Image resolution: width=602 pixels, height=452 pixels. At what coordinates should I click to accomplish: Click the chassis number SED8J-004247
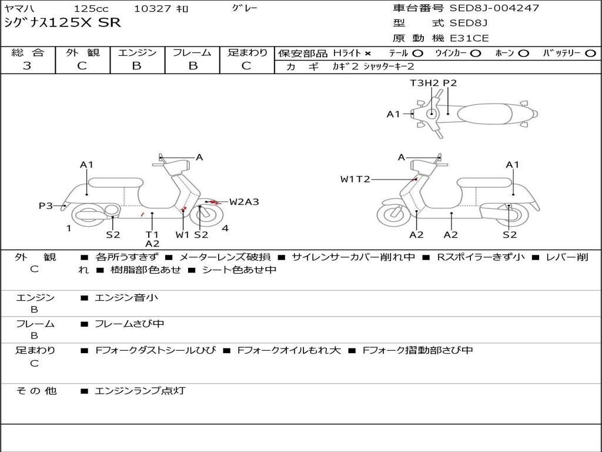[494, 8]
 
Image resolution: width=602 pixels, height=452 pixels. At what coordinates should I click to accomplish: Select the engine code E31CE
[469, 38]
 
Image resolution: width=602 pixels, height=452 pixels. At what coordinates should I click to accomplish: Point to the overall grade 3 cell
[28, 66]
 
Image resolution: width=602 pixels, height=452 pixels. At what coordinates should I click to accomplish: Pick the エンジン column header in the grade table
[137, 52]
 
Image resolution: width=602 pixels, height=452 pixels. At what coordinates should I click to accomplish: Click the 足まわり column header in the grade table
[247, 52]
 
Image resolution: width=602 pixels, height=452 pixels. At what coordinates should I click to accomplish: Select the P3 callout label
[46, 205]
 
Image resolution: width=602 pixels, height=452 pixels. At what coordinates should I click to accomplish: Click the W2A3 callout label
[244, 202]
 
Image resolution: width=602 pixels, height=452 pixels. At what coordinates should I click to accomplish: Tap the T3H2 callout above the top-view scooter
[424, 83]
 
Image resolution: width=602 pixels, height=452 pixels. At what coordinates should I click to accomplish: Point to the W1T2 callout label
[355, 179]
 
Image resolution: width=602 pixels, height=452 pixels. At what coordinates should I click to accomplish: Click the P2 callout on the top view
[450, 83]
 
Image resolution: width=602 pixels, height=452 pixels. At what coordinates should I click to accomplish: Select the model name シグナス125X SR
[62, 23]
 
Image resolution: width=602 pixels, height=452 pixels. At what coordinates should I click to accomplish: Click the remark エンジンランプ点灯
[140, 391]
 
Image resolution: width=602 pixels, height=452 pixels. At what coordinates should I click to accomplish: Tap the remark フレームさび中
[129, 324]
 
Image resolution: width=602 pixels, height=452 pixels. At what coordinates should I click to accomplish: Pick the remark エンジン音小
[126, 298]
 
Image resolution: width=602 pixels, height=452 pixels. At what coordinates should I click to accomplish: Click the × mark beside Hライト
[368, 53]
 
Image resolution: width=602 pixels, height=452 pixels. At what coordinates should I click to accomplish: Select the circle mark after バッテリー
[590, 53]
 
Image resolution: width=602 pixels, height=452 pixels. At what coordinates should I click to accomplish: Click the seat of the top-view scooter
[486, 114]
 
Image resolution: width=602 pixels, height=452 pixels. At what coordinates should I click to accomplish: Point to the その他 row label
[36, 391]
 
